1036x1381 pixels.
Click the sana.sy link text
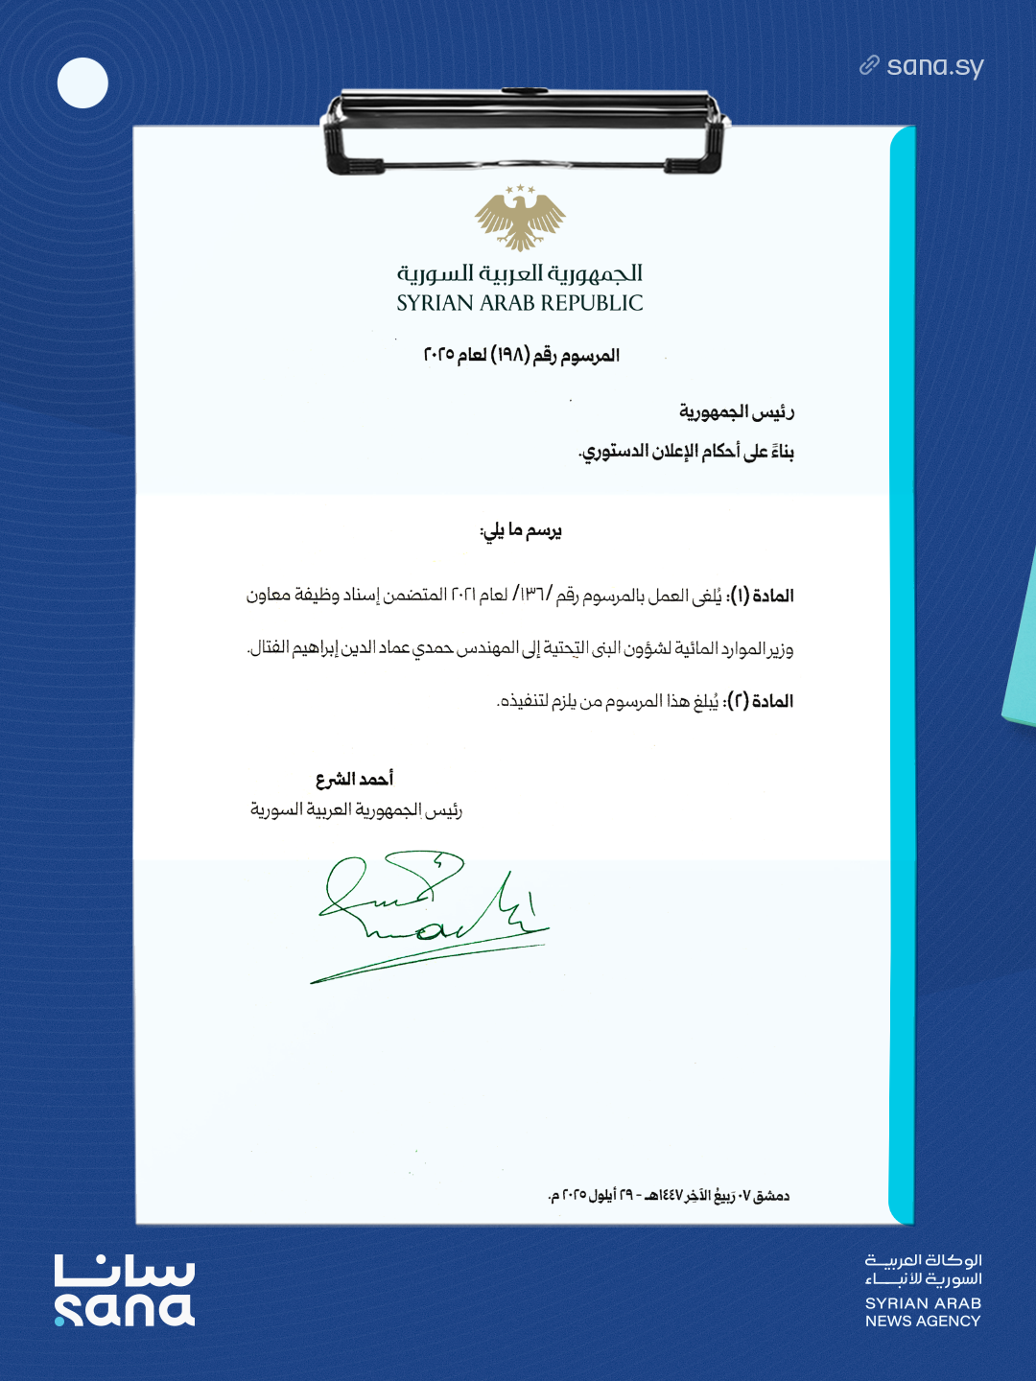pos(934,66)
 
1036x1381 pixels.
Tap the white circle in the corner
pos(82,82)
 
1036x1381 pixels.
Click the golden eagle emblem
pos(520,218)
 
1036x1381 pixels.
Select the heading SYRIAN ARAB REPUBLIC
pos(520,303)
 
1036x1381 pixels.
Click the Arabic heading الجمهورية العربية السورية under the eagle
pos(520,273)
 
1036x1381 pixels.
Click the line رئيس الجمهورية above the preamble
pos(737,412)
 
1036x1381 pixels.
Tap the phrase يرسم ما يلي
pos(521,530)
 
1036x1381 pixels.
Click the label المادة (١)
pos(763,596)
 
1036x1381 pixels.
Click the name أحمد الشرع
pos(354,779)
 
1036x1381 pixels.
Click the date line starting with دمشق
pos(669,1196)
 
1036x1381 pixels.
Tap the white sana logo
pos(125,1291)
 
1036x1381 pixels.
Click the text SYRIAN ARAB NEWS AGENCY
pos(923,1312)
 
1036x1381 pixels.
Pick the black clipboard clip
pos(524,130)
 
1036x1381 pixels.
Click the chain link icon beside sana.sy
pos(869,65)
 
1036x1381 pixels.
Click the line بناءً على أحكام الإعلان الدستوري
pos(687,452)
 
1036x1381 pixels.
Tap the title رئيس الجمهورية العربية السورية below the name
pos(356,810)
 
